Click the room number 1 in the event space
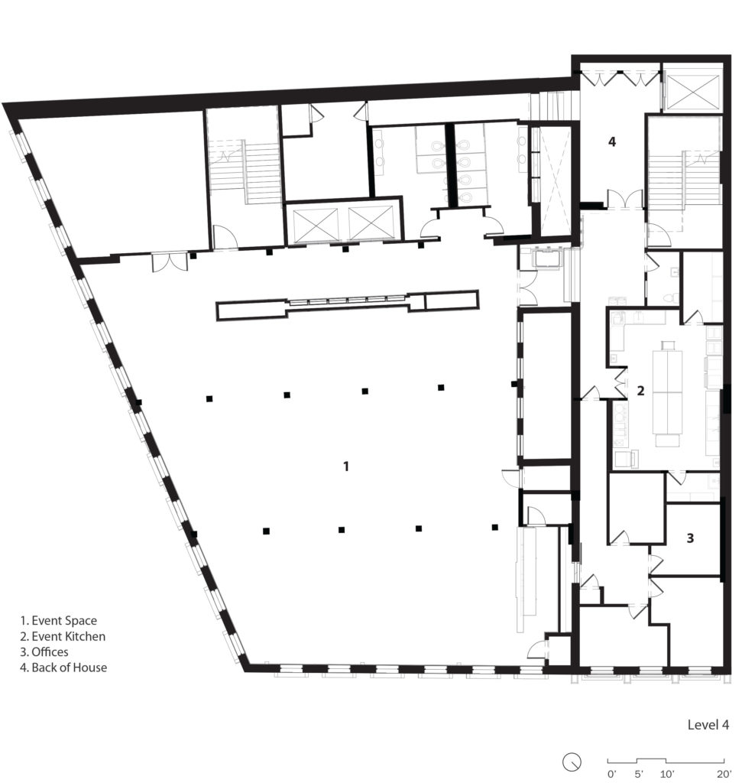346,465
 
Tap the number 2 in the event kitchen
641,391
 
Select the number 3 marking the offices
690,538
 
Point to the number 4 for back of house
611,141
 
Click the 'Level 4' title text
708,725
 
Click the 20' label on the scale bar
721,775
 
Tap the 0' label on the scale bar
611,775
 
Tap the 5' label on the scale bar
637,775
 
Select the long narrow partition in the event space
348,304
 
